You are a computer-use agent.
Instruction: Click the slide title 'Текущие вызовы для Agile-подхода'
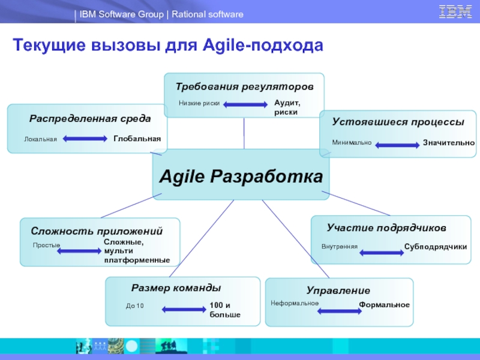pyautogui.click(x=168, y=46)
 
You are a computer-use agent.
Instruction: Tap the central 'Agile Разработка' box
pyautogui.click(x=241, y=176)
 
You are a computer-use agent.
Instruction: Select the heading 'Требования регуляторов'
pyautogui.click(x=244, y=87)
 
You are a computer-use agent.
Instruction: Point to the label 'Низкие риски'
pyautogui.click(x=199, y=104)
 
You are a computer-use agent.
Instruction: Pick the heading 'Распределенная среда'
pyautogui.click(x=90, y=119)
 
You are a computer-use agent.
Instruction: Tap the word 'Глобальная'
pyautogui.click(x=137, y=139)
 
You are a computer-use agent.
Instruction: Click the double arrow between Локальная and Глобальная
pyautogui.click(x=85, y=140)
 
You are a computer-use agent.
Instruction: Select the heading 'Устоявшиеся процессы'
pyautogui.click(x=398, y=122)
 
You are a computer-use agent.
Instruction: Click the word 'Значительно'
pyautogui.click(x=449, y=143)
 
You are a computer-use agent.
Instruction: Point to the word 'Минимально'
pyautogui.click(x=352, y=143)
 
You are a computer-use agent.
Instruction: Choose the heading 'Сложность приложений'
pyautogui.click(x=97, y=231)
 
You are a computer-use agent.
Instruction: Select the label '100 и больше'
pyautogui.click(x=225, y=310)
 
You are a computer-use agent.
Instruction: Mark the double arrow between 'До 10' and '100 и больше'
pyautogui.click(x=184, y=310)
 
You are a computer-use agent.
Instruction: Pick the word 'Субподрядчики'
pyautogui.click(x=436, y=247)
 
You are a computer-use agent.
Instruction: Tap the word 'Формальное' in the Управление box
pyautogui.click(x=384, y=305)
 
